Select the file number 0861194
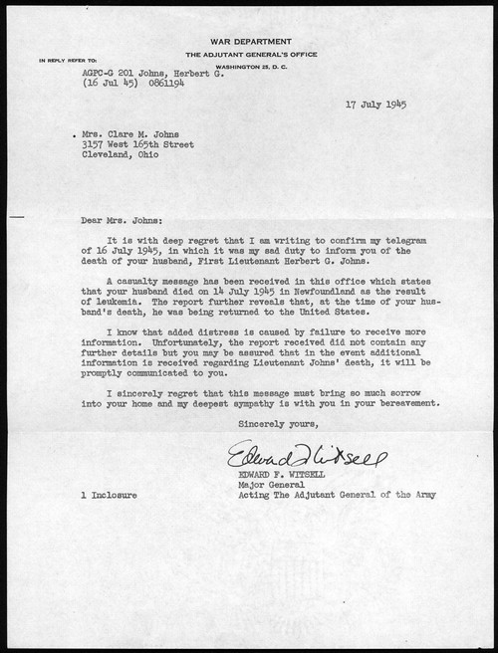[171, 84]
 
